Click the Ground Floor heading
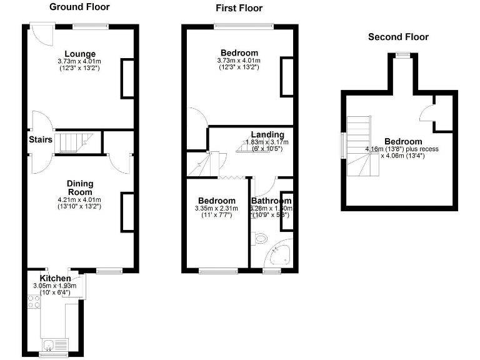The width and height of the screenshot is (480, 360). pyautogui.click(x=79, y=7)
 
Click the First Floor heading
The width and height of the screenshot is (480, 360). pyautogui.click(x=239, y=8)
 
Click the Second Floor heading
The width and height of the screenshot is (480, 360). pyautogui.click(x=398, y=37)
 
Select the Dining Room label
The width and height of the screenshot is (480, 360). pyautogui.click(x=80, y=187)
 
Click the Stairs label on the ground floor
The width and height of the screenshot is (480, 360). pyautogui.click(x=40, y=139)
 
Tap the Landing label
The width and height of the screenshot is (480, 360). pyautogui.click(x=267, y=134)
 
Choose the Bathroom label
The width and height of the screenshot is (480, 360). pyautogui.click(x=271, y=201)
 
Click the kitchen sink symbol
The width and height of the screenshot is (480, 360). pyautogui.click(x=50, y=344)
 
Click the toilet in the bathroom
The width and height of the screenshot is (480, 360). pyautogui.click(x=259, y=238)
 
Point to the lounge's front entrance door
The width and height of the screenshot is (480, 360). pyautogui.click(x=41, y=34)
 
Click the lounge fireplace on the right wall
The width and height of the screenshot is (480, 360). pyautogui.click(x=127, y=78)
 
